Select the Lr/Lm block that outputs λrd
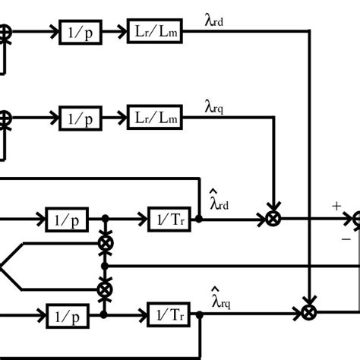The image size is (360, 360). point(150,33)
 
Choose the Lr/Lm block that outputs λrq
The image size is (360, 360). point(150,118)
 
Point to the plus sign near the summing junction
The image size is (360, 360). point(336,206)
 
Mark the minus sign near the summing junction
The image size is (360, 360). point(346,238)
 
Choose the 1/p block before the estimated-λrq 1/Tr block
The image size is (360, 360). point(68,312)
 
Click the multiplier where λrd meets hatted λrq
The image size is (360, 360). point(308,312)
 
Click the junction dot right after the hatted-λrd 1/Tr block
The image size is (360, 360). point(198,219)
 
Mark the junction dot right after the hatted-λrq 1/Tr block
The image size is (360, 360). point(198,312)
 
